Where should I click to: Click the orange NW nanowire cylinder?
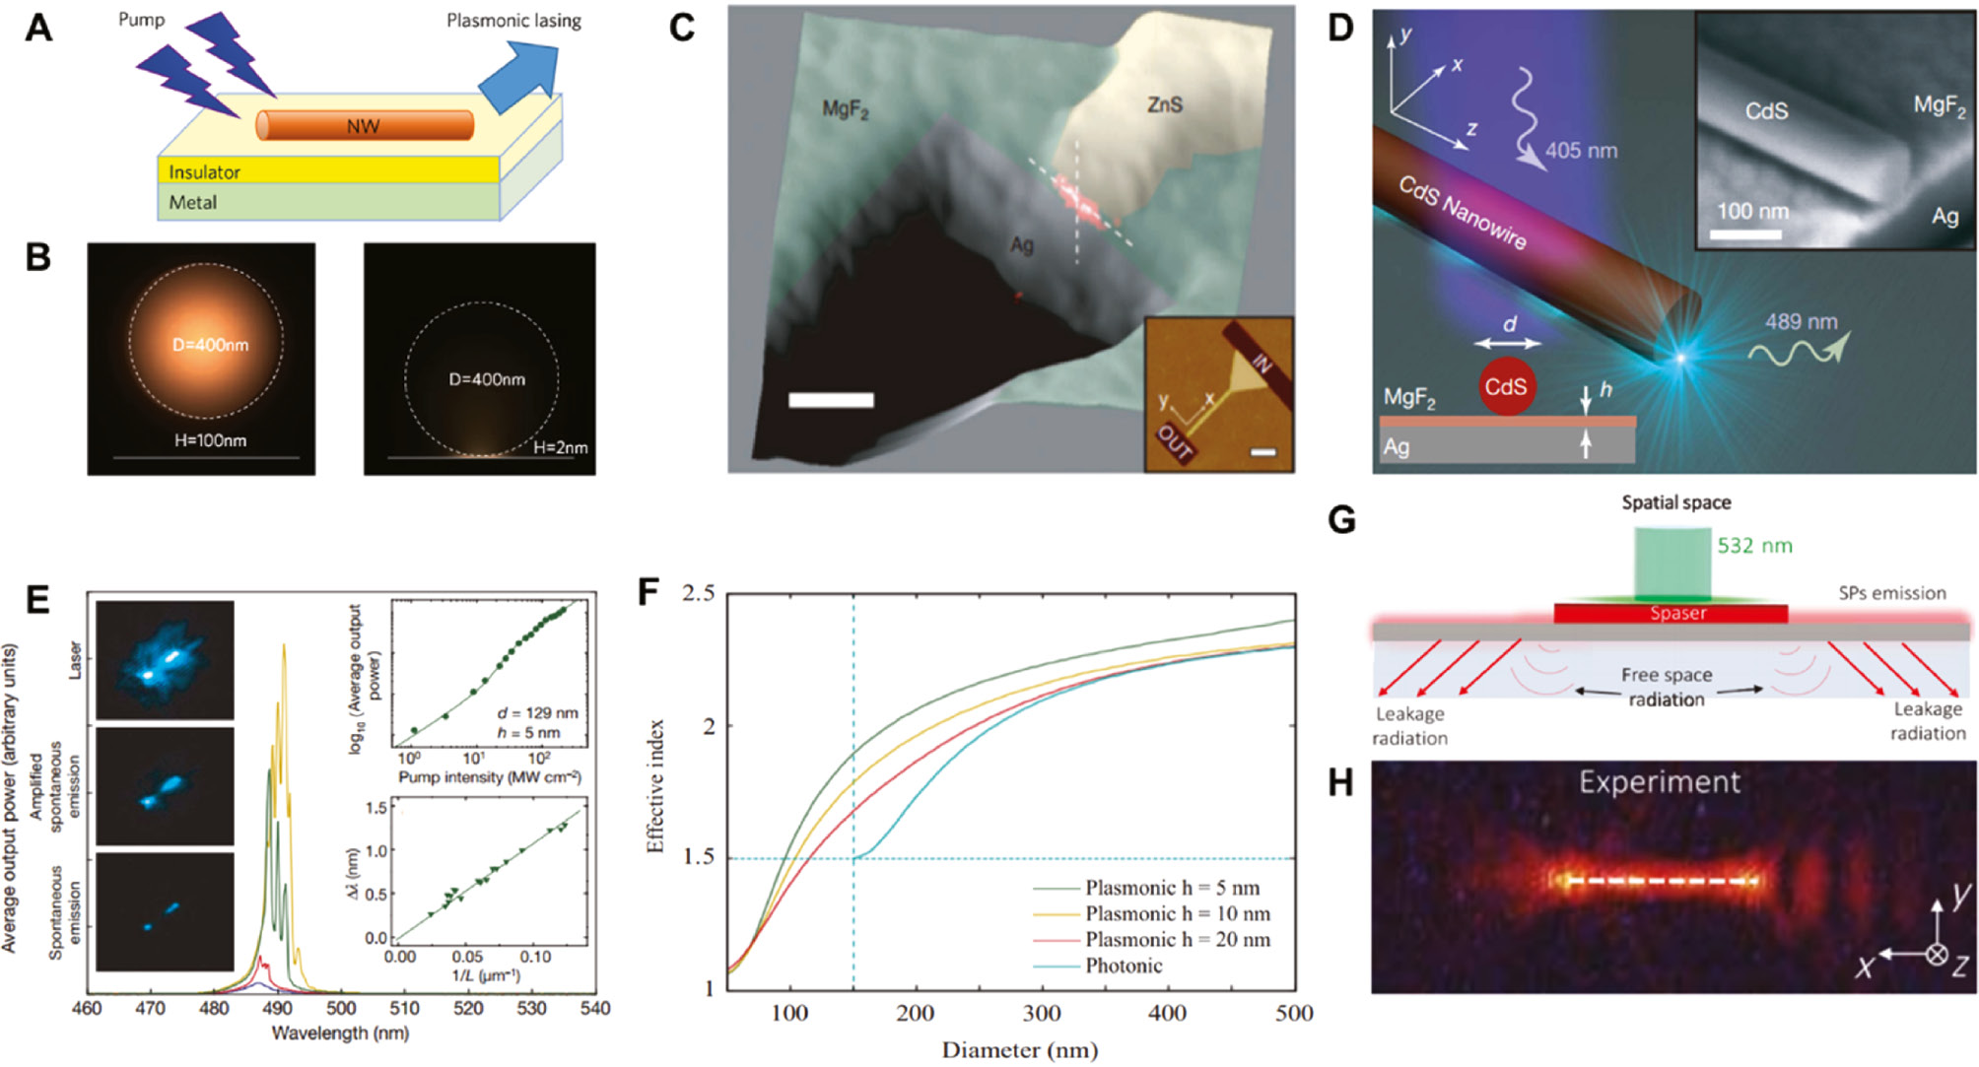(x=365, y=126)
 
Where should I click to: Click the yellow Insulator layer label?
(x=204, y=172)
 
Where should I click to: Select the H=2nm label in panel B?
(x=560, y=447)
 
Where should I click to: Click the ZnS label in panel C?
(x=1164, y=104)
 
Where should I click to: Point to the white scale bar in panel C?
(x=830, y=400)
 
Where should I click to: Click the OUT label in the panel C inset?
(x=1175, y=442)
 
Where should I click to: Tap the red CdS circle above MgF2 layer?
(x=1505, y=386)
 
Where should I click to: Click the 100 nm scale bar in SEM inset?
(x=1744, y=234)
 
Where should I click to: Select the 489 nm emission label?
(x=1801, y=322)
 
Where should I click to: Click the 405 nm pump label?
(x=1581, y=151)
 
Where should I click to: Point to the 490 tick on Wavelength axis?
(x=277, y=1008)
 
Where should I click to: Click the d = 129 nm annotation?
(x=537, y=712)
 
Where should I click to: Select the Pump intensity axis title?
(x=489, y=777)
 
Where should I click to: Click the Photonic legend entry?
(x=1124, y=966)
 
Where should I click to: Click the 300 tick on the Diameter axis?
(x=1042, y=1013)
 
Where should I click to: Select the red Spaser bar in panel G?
(x=1671, y=614)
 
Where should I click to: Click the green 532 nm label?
(x=1754, y=546)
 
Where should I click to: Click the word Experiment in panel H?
(x=1659, y=782)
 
